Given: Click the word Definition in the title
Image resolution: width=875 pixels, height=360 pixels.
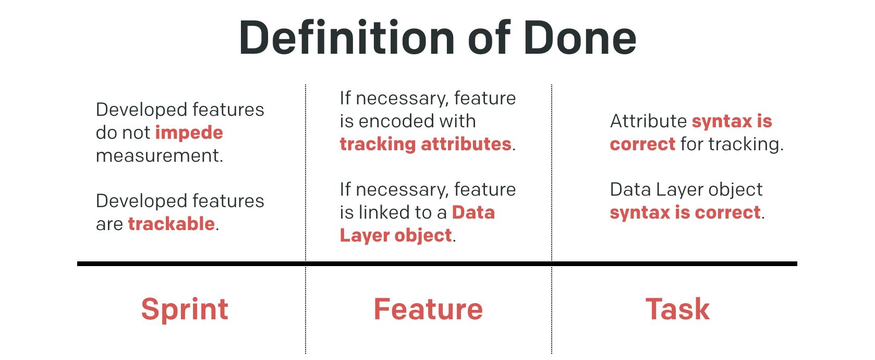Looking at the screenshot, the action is tap(347, 38).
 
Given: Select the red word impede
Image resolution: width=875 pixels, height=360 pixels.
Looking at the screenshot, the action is tap(189, 133).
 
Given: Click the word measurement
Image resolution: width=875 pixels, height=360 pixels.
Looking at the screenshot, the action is tap(160, 155).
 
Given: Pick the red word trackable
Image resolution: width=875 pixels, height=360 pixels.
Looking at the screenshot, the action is tap(172, 224).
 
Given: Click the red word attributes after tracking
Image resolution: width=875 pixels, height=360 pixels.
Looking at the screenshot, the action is tap(466, 144).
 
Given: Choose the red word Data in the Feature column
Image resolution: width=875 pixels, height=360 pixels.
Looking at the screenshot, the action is tap(473, 213).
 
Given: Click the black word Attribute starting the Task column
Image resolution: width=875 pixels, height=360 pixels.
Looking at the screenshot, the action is tap(649, 121).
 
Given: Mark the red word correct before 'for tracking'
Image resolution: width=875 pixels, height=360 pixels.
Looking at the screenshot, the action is tap(642, 145).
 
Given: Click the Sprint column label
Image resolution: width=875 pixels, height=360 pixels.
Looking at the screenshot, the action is tap(185, 309).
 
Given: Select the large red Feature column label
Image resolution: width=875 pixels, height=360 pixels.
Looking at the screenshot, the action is tap(428, 309).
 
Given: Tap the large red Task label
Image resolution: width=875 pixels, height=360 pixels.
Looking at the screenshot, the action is tap(677, 309).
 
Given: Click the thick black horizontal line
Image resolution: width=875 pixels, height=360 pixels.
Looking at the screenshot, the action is tap(437, 264).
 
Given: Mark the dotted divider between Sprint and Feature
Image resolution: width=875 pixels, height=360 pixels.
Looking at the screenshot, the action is tap(306, 219).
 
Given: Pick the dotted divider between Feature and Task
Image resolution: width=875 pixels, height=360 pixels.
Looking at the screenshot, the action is tap(552, 219).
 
